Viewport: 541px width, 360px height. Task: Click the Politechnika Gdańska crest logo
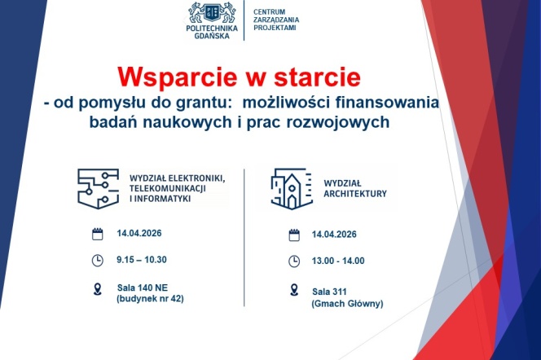(x=213, y=12)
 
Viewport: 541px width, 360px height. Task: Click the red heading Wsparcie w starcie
(x=239, y=78)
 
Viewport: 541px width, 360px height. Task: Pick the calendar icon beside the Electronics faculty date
(x=97, y=234)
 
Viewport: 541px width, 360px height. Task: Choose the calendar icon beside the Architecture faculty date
(x=294, y=236)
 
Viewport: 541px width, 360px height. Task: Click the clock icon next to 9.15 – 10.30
(x=97, y=260)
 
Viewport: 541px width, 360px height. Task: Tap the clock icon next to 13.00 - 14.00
(x=294, y=261)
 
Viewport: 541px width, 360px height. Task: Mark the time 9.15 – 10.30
(x=142, y=260)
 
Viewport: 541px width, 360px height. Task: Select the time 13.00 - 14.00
(x=338, y=261)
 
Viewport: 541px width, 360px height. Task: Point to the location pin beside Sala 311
(x=294, y=290)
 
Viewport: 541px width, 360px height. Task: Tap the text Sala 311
(x=330, y=291)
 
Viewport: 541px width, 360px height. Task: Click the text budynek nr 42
(x=151, y=298)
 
